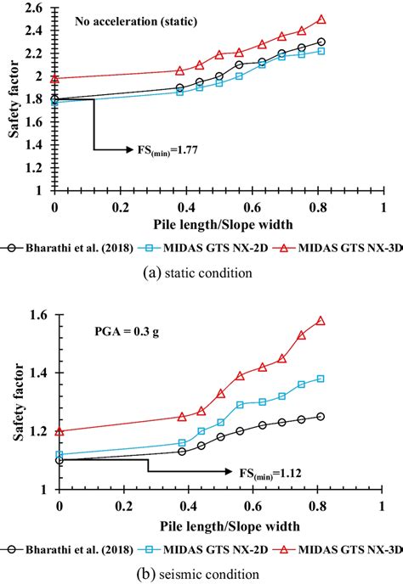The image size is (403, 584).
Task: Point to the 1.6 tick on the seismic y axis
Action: (x=39, y=316)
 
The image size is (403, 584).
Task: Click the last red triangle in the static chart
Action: (x=321, y=19)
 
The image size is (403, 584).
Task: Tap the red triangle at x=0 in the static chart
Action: (x=55, y=78)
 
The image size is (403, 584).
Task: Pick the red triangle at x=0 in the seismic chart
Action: (x=59, y=430)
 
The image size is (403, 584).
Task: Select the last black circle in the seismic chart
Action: (x=321, y=416)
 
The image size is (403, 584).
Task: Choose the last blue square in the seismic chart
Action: (x=321, y=379)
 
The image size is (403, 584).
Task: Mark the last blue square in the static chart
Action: (x=321, y=51)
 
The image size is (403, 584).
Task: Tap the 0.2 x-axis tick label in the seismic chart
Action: (x=122, y=508)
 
